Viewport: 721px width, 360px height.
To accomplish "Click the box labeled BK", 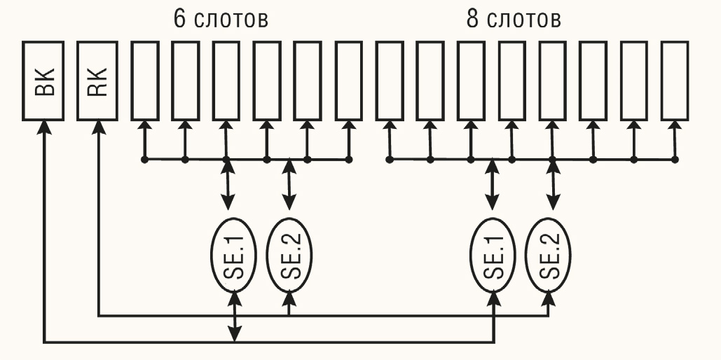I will click(43, 81).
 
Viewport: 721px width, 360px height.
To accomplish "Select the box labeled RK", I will click(97, 81).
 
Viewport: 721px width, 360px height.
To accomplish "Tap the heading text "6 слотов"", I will click(221, 19).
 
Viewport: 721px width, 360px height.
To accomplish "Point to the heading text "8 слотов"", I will click(514, 19).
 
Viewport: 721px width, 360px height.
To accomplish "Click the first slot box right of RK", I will click(144, 81).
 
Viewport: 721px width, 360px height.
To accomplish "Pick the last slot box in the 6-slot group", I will click(348, 81).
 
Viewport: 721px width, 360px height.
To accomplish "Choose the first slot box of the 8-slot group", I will click(390, 81).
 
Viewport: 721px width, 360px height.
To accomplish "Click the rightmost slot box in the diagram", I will click(675, 81).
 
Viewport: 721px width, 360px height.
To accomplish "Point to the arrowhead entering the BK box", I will click(43, 125).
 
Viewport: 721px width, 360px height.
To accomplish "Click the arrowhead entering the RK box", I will click(97, 125).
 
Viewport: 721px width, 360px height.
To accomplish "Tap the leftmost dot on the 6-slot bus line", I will click(144, 160).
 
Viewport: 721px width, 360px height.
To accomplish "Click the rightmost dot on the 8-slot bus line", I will click(675, 160).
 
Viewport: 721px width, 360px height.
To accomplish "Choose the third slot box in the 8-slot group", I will click(471, 81).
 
